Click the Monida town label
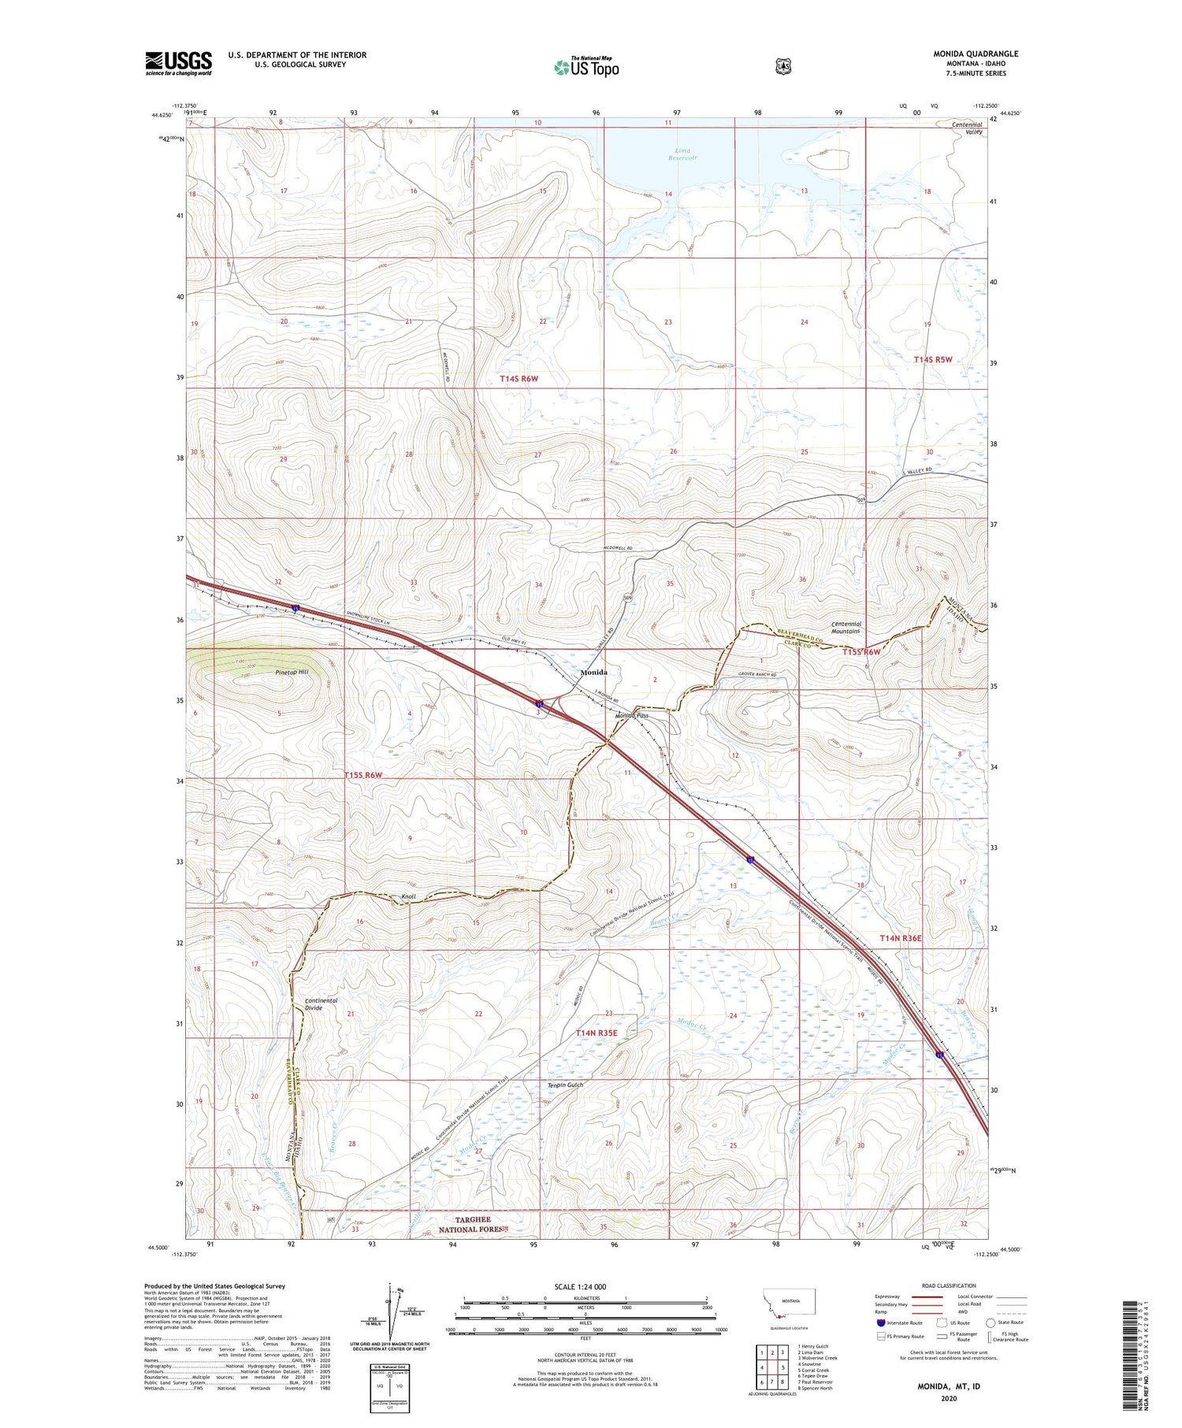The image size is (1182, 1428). click(593, 673)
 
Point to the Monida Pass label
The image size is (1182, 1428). click(631, 715)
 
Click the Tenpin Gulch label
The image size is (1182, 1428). click(566, 1085)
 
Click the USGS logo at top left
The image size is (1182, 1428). click(179, 63)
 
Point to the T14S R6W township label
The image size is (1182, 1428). click(519, 379)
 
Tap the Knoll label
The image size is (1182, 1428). click(408, 896)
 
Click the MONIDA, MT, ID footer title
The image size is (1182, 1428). click(948, 1386)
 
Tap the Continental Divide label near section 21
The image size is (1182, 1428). click(321, 1004)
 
